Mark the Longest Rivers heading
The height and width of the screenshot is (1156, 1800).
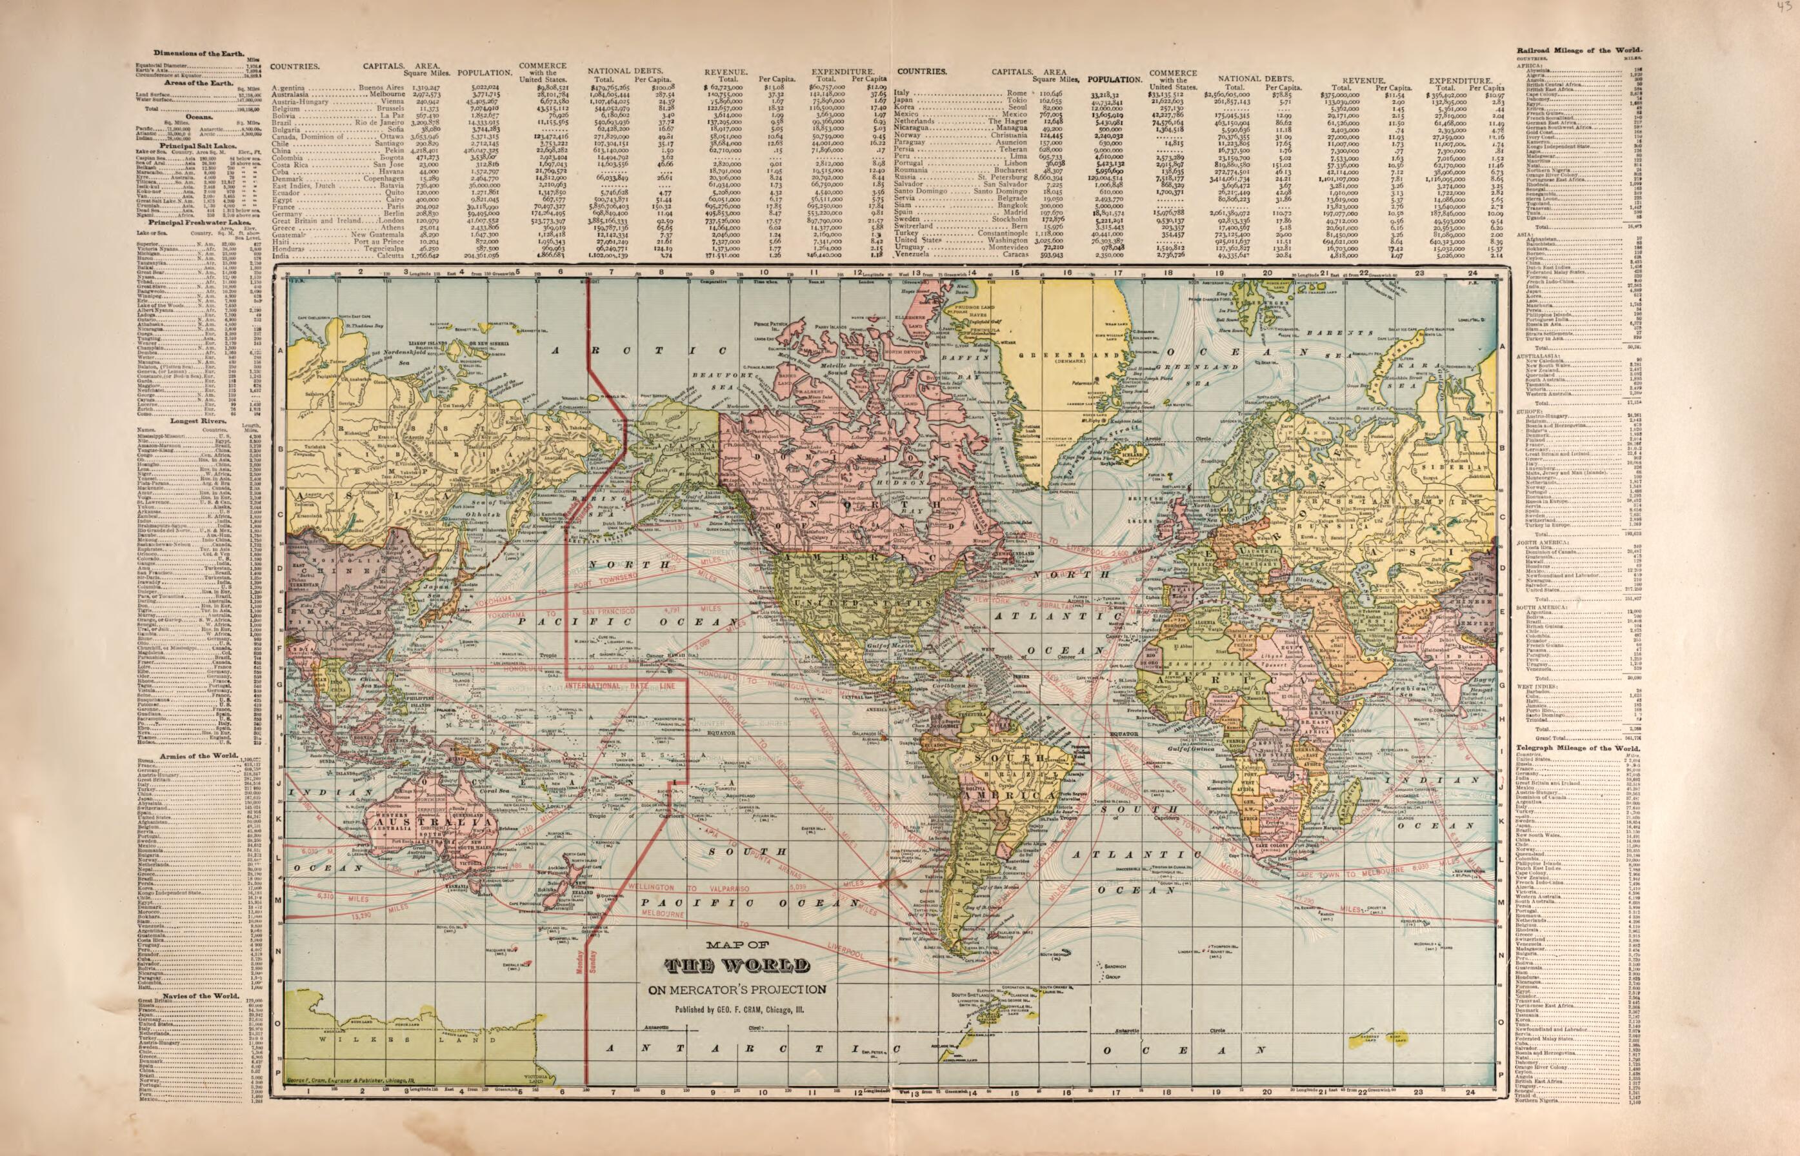[x=194, y=421]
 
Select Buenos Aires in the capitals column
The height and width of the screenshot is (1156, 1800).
[x=381, y=88]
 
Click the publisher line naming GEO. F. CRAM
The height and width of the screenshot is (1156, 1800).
[x=739, y=1010]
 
